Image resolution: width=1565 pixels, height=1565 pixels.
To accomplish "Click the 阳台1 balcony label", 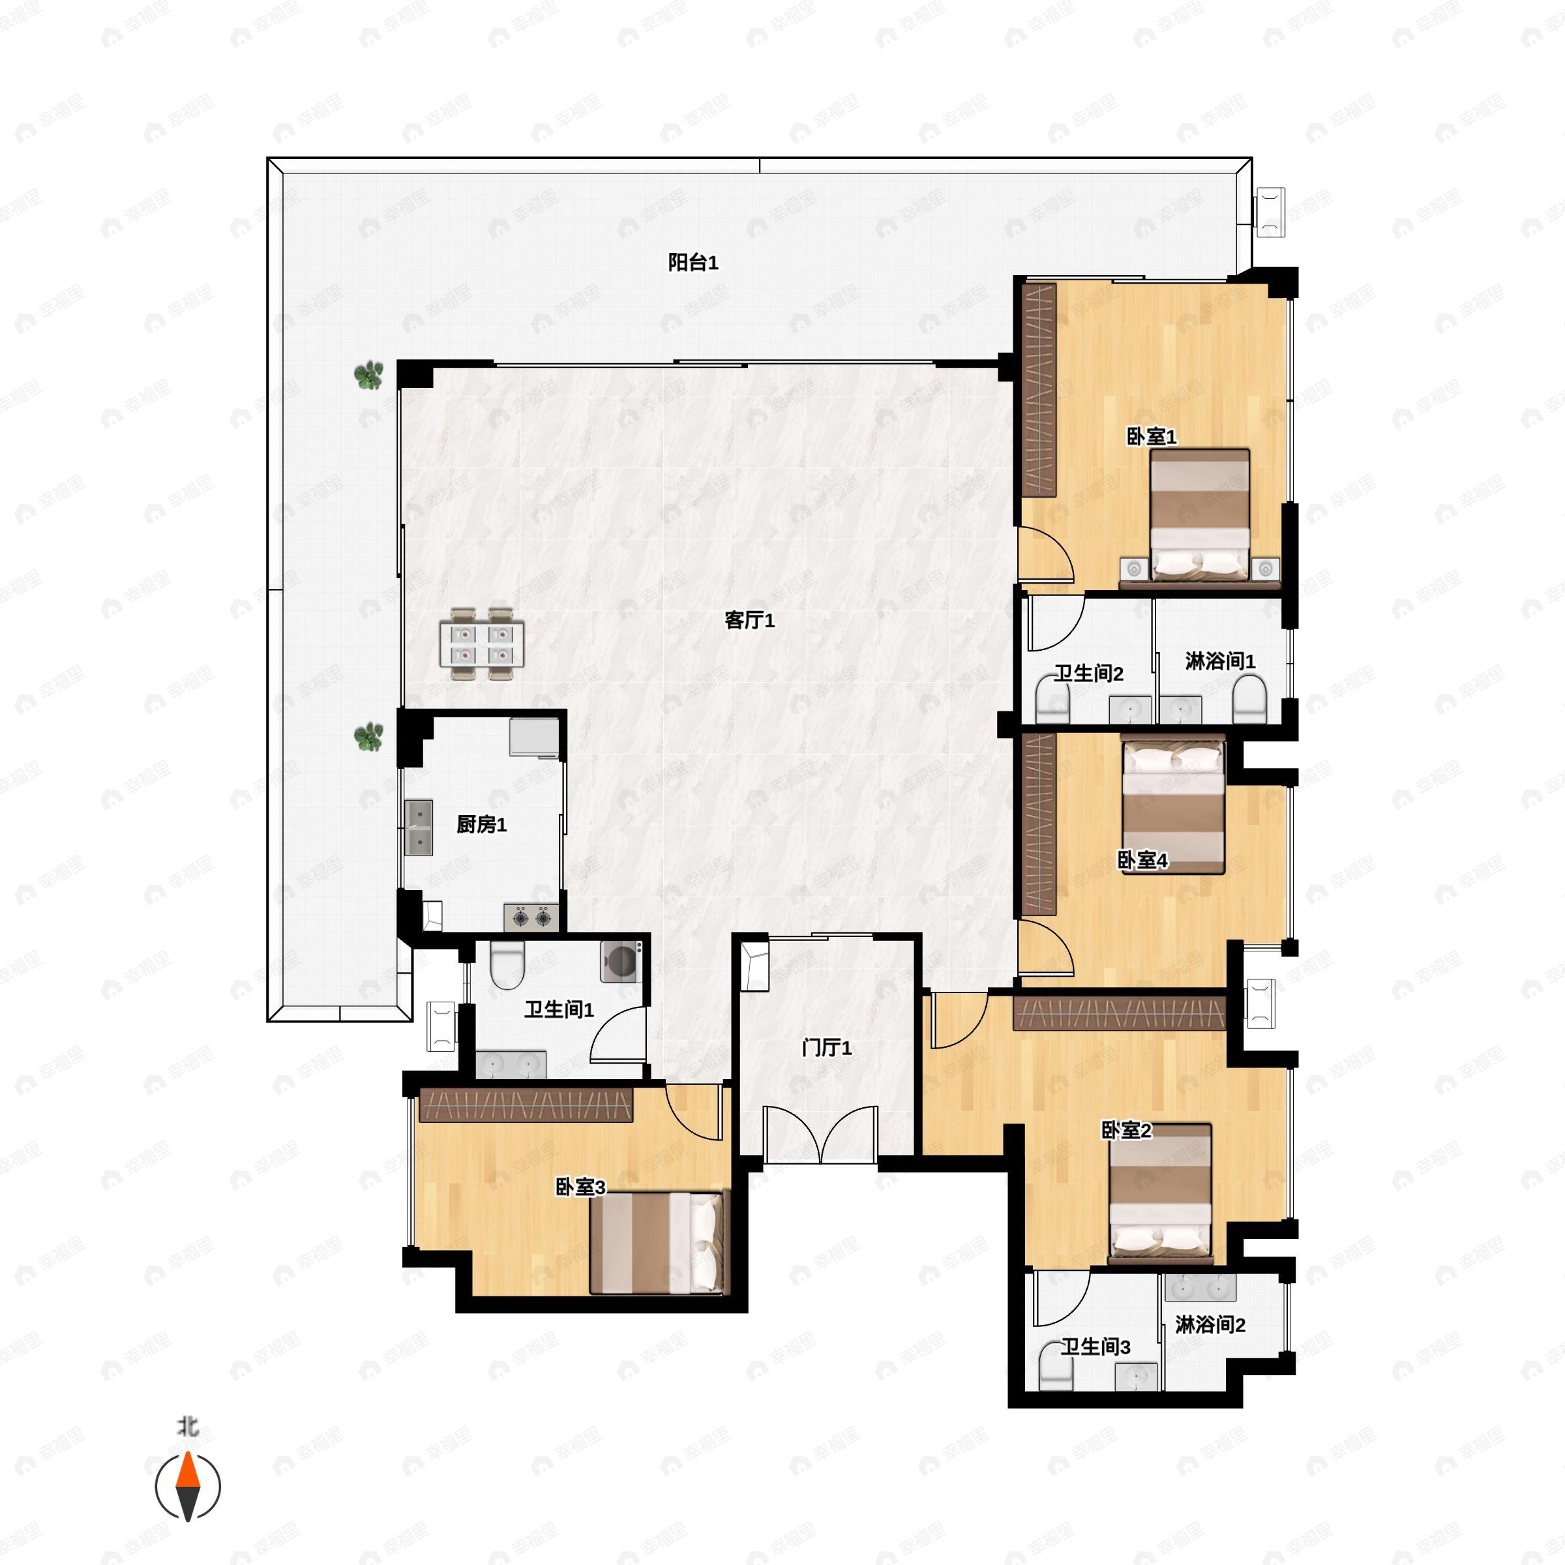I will click(693, 262).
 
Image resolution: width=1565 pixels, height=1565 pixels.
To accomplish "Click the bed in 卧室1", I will click(1200, 515).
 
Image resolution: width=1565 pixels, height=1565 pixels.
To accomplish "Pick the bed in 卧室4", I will click(1173, 805).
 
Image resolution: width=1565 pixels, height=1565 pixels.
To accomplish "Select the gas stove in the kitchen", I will click(531, 917).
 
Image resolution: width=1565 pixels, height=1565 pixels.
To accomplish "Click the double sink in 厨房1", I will click(419, 828).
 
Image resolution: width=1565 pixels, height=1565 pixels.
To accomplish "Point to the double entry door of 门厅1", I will click(820, 1136).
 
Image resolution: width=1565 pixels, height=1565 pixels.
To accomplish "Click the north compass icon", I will click(188, 1487).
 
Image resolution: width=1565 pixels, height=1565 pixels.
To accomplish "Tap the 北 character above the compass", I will click(188, 1425).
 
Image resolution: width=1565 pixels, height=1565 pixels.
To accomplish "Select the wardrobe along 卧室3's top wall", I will click(526, 1105).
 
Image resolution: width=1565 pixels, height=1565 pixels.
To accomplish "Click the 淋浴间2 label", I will click(1210, 1325).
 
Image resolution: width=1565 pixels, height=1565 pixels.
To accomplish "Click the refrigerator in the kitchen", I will click(534, 736).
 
